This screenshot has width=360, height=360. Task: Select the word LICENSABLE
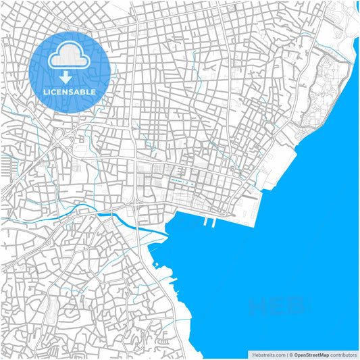pyautogui.click(x=70, y=91)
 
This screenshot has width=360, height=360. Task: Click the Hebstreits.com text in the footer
pyautogui.click(x=268, y=354)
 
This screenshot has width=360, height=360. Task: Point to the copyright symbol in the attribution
pyautogui.click(x=290, y=354)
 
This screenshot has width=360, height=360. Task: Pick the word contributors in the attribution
pyautogui.click(x=344, y=354)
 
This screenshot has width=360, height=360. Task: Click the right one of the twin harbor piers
pyautogui.click(x=213, y=222)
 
